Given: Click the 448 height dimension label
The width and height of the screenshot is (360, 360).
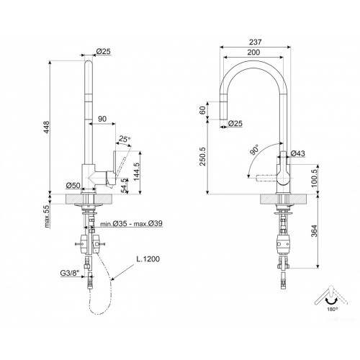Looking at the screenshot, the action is point(46,127).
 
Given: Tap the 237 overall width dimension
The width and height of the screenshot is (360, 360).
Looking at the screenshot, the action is point(255,42).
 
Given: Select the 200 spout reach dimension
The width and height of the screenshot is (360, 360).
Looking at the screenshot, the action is point(253,52).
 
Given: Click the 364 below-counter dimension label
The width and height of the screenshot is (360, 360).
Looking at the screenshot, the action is point(314,231).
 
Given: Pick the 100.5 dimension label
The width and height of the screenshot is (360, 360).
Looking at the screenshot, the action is point(314,178).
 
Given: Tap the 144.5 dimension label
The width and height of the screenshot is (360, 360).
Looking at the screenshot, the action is point(136,172).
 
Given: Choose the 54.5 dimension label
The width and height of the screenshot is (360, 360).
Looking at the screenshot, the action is point(125,186).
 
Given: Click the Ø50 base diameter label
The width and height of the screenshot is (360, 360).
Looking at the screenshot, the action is point(73,185).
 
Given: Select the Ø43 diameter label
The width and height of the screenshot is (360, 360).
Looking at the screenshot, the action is point(298,153).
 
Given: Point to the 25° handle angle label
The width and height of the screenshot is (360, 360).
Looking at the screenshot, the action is point(125,139).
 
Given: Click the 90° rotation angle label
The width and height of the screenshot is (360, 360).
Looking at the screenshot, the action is point(254,150).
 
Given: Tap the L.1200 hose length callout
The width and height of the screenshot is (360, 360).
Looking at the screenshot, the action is point(148,259).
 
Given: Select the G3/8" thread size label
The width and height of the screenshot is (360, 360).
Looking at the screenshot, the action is point(70,273).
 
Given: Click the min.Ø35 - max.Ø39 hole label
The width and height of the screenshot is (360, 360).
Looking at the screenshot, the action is point(131,224).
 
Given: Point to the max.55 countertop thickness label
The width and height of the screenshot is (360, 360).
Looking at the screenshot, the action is point(47,216).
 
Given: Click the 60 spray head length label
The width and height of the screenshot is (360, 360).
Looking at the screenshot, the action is point(203,110).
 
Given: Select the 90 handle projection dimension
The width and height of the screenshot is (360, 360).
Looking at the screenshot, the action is point(102,119).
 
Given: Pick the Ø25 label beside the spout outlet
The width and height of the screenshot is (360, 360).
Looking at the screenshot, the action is point(235,123).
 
